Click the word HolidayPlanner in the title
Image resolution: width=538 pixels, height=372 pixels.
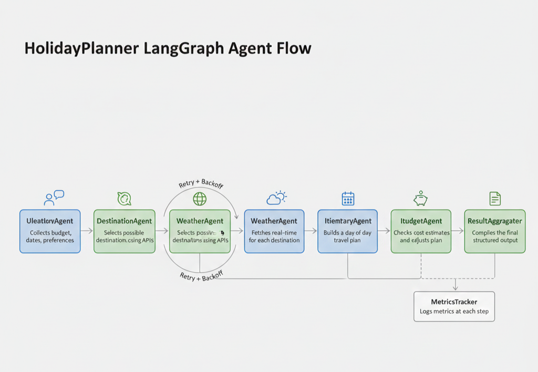pyautogui.click(x=82, y=48)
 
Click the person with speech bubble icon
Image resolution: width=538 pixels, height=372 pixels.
pyautogui.click(x=53, y=198)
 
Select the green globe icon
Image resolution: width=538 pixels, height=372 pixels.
pyautogui.click(x=200, y=199)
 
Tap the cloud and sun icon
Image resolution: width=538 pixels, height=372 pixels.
pyautogui.click(x=276, y=198)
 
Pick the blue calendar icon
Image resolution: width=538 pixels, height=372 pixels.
pyautogui.click(x=348, y=199)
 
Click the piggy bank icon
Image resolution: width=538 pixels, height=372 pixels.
pyautogui.click(x=420, y=199)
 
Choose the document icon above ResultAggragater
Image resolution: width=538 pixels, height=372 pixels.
pyautogui.click(x=495, y=199)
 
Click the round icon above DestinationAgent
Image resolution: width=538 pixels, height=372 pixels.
pyautogui.click(x=124, y=199)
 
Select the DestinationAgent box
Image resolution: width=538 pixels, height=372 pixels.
pyautogui.click(x=125, y=231)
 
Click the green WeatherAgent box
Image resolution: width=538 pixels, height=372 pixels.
pyautogui.click(x=200, y=231)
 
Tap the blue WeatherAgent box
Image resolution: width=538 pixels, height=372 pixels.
pyautogui.click(x=274, y=231)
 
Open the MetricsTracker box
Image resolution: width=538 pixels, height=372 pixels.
pyautogui.click(x=454, y=306)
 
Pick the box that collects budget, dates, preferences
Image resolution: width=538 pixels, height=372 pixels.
pyautogui.click(x=50, y=231)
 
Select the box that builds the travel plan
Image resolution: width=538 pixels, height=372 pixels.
pyautogui.click(x=347, y=231)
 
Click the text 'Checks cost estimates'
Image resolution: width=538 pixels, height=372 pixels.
pyautogui.click(x=421, y=232)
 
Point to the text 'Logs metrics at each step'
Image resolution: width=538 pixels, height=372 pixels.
pyautogui.click(x=454, y=312)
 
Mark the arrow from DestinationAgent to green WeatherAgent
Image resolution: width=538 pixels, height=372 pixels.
pyautogui.click(x=163, y=231)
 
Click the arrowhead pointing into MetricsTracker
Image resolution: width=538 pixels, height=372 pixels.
pyautogui.click(x=454, y=288)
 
